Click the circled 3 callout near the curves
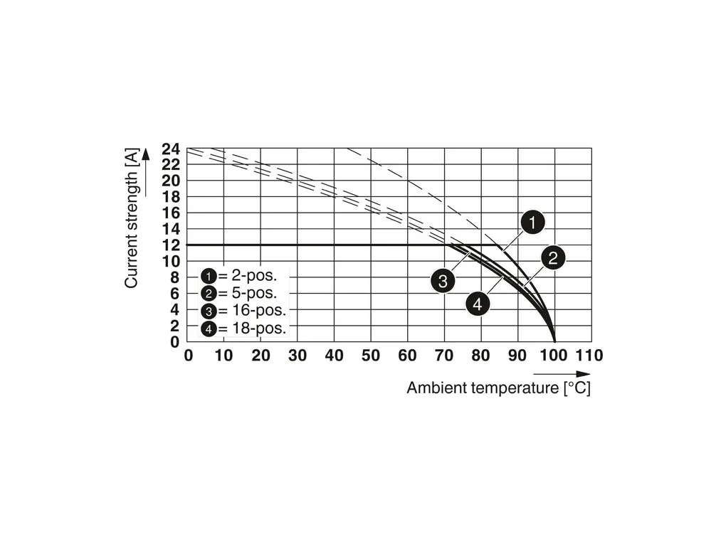(442, 280)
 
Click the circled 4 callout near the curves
(478, 304)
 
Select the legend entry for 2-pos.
(242, 275)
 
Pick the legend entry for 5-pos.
(242, 292)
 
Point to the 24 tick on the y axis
(171, 149)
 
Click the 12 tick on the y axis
(171, 245)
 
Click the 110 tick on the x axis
(589, 356)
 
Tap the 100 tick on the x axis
(554, 356)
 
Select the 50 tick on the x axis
(371, 356)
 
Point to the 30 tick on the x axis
(298, 356)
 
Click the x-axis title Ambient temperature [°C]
(498, 388)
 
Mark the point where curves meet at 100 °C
(554, 341)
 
